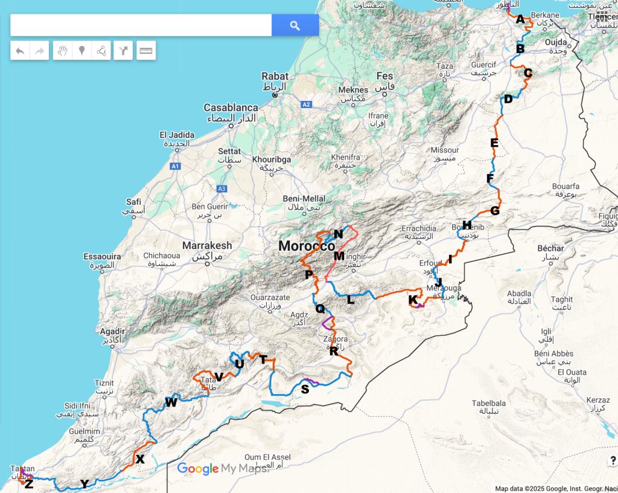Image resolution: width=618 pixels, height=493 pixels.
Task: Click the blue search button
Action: tap(295, 25)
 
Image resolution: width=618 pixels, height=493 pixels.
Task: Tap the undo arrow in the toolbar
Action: tap(20, 51)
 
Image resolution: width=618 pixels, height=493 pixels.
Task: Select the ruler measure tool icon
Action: tap(145, 51)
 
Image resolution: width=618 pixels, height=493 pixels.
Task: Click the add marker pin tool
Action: tap(81, 51)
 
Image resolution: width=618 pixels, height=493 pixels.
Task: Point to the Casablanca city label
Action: tap(231, 108)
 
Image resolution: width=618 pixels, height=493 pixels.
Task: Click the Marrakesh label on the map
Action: tap(207, 246)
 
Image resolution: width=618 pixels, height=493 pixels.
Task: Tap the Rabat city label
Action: tap(275, 77)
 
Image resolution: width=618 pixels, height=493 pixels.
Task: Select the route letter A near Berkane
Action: tap(520, 19)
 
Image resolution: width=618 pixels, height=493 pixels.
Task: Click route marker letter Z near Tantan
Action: tap(29, 483)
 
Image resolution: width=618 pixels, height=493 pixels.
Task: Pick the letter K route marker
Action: tap(413, 300)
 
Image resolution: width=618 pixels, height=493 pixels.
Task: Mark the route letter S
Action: tap(305, 390)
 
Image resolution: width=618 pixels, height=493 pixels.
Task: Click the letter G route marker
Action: tap(495, 211)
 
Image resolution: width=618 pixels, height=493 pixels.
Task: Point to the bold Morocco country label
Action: tap(307, 246)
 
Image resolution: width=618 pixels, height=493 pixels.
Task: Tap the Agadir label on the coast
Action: tap(113, 331)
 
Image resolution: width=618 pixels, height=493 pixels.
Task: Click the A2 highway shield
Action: tap(306, 105)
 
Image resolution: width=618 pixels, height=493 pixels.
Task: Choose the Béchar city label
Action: tap(550, 248)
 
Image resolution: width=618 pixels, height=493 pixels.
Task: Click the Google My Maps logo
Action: tap(223, 469)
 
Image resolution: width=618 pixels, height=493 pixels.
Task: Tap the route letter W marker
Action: tap(171, 402)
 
